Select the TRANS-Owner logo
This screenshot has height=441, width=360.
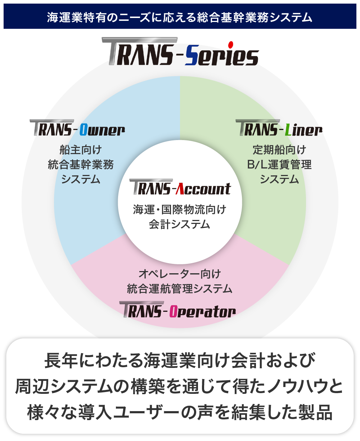pos(78,128)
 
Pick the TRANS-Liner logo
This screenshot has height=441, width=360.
pos(279,128)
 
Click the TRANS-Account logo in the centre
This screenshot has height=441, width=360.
pos(180,188)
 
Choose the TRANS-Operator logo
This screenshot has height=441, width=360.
pos(178,310)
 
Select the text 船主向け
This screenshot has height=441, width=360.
pos(81,149)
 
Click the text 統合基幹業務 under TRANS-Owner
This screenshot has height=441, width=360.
pos(81,165)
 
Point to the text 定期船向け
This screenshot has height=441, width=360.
pos(279,149)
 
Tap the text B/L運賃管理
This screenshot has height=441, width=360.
pos(279,165)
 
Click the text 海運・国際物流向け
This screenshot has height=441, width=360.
pos(180,209)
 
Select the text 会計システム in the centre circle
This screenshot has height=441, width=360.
pos(180,224)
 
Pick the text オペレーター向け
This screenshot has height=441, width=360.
pos(180,274)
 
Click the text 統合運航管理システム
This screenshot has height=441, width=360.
pos(180,288)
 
